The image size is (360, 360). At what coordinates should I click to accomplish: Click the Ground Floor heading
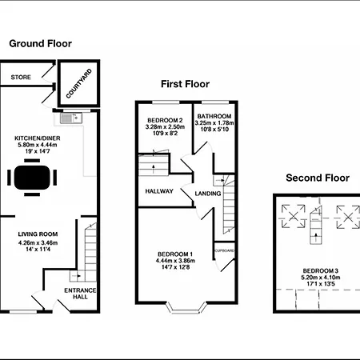(41, 44)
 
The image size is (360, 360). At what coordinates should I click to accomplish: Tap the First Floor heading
(185, 84)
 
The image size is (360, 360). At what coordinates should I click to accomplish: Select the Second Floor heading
(318, 178)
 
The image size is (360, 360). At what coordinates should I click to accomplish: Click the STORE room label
(21, 78)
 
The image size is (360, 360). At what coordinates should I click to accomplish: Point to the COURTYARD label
(79, 83)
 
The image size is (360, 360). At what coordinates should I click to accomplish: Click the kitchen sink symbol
(71, 118)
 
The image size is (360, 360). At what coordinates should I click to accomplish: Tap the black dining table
(32, 178)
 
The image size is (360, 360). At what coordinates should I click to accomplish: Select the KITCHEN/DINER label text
(38, 138)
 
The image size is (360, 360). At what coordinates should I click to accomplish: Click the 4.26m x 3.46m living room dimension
(38, 242)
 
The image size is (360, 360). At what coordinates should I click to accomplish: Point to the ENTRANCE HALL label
(80, 294)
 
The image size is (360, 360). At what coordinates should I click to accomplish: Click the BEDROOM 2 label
(165, 120)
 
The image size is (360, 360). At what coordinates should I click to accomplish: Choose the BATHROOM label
(214, 116)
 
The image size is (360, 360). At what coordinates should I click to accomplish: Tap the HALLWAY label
(159, 191)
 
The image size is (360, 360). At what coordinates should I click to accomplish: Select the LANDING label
(208, 194)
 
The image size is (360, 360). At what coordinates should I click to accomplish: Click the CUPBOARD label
(225, 250)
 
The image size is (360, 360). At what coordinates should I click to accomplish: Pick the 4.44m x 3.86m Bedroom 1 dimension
(175, 261)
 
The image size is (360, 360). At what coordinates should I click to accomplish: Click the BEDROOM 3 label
(321, 271)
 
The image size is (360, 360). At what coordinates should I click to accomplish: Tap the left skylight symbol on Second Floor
(294, 216)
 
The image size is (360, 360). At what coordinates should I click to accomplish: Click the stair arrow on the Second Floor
(316, 235)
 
